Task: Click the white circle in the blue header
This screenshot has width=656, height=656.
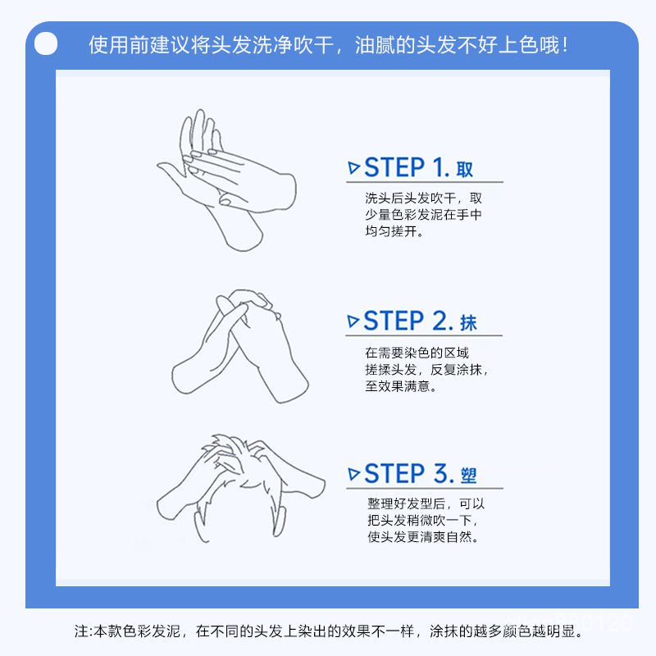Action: pos(46,43)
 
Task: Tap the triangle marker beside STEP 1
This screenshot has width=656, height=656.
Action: pos(353,168)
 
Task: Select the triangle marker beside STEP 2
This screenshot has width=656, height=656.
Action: pos(353,321)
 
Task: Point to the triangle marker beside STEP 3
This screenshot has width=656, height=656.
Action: pos(353,474)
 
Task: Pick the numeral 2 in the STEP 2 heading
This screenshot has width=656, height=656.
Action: pos(440,321)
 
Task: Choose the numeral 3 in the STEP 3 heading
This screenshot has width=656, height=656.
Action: pos(441,474)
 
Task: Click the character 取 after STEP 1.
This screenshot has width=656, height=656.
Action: pos(464,170)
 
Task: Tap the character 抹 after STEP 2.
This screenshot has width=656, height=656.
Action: pos(468,323)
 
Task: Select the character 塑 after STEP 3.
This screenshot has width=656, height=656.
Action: pos(468,476)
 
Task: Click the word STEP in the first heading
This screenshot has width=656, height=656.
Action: pos(394,167)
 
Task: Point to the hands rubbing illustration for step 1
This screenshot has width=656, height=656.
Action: pos(227,180)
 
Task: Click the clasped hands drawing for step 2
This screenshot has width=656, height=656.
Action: pos(240,346)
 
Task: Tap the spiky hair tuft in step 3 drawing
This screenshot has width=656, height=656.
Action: pos(228,449)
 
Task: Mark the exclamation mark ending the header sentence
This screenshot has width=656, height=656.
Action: pos(566,45)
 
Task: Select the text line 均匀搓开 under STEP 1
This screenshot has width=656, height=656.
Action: pos(394,231)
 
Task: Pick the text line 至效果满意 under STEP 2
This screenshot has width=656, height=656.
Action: pos(401,385)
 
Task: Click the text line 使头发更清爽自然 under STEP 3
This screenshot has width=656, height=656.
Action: pos(423,536)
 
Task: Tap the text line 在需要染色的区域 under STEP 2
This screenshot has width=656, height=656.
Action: pos(417,353)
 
